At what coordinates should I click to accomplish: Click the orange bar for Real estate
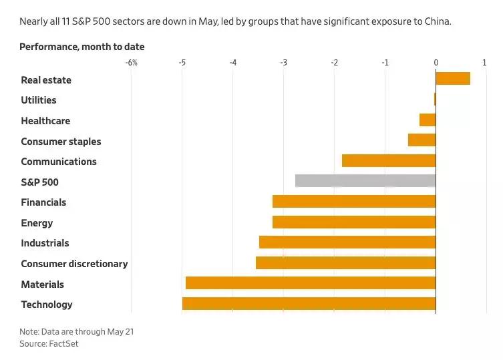pyautogui.click(x=453, y=79)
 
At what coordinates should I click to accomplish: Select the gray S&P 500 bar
pyautogui.click(x=365, y=181)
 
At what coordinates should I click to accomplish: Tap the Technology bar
pyautogui.click(x=309, y=304)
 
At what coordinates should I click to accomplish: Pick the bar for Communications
pyautogui.click(x=389, y=161)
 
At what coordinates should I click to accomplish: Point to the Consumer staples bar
pyautogui.click(x=422, y=140)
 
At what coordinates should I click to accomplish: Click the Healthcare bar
pyautogui.click(x=428, y=120)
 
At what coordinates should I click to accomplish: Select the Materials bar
pyautogui.click(x=311, y=283)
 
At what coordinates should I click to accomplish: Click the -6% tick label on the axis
pyautogui.click(x=131, y=63)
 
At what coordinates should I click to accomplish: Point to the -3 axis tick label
pyautogui.click(x=283, y=63)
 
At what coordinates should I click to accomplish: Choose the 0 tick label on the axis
pyautogui.click(x=436, y=63)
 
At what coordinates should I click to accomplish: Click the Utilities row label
pyautogui.click(x=39, y=100)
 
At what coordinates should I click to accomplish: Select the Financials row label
pyautogui.click(x=43, y=202)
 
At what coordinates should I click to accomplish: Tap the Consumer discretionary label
pyautogui.click(x=74, y=264)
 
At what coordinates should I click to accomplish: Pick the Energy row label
pyautogui.click(x=37, y=223)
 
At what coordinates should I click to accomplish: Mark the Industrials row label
pyautogui.click(x=45, y=243)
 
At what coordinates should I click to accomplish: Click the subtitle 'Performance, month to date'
pyautogui.click(x=81, y=47)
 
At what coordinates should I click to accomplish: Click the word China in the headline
pyautogui.click(x=438, y=21)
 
